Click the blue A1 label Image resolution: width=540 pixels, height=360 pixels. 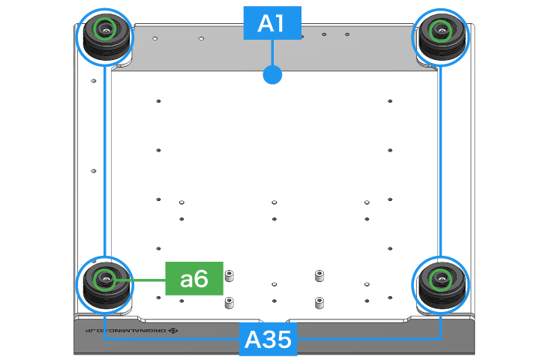pyautogui.click(x=271, y=24)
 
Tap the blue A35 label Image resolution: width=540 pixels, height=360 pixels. pyautogui.click(x=268, y=340)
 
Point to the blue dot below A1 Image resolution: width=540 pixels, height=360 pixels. pyautogui.click(x=272, y=74)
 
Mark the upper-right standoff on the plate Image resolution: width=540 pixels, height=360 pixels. pyautogui.click(x=319, y=275)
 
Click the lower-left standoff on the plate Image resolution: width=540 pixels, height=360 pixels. pyautogui.click(x=229, y=302)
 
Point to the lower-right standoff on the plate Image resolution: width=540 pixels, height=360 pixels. pyautogui.click(x=319, y=303)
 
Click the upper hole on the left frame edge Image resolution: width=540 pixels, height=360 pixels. pyautogui.click(x=93, y=81)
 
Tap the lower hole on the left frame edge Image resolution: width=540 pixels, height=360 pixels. pyautogui.click(x=93, y=170)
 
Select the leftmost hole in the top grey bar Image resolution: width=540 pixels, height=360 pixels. pyautogui.click(x=154, y=37)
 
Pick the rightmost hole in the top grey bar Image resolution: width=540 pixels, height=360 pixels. pyautogui.click(x=347, y=34)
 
